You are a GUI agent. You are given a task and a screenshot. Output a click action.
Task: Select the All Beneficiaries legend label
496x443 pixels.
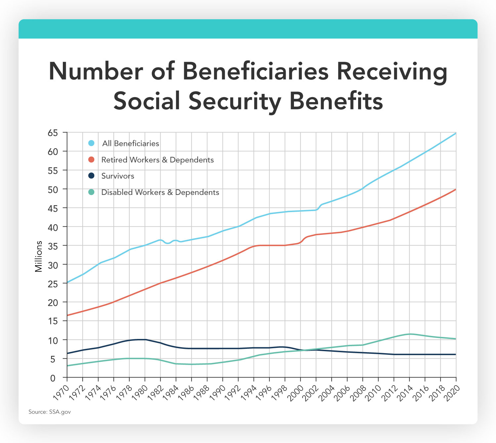point(130,143)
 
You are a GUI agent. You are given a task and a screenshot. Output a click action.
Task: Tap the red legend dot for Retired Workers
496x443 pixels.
point(92,160)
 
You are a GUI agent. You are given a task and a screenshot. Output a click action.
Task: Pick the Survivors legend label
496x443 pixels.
point(118,176)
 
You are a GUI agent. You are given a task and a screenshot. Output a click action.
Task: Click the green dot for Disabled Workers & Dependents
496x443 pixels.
point(92,192)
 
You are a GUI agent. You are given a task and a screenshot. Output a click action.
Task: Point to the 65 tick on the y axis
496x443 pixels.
point(53,133)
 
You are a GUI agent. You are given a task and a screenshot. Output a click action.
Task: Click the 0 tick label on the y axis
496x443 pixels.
point(53,378)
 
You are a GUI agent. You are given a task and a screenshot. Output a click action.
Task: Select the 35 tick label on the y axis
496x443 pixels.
point(53,246)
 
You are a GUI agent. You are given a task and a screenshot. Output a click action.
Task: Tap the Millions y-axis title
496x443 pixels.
point(39,256)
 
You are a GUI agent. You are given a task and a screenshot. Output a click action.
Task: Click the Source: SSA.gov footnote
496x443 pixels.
point(50,412)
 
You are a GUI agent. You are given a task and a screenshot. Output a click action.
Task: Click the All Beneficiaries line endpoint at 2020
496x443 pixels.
point(456,133)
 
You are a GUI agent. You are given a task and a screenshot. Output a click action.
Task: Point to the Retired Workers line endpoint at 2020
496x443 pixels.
point(456,189)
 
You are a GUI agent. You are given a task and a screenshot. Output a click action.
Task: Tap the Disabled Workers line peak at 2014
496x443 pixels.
point(410,334)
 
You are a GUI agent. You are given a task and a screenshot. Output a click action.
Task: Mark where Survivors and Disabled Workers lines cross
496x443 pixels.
point(304,350)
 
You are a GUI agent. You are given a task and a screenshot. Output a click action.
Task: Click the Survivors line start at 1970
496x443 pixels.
point(67,353)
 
